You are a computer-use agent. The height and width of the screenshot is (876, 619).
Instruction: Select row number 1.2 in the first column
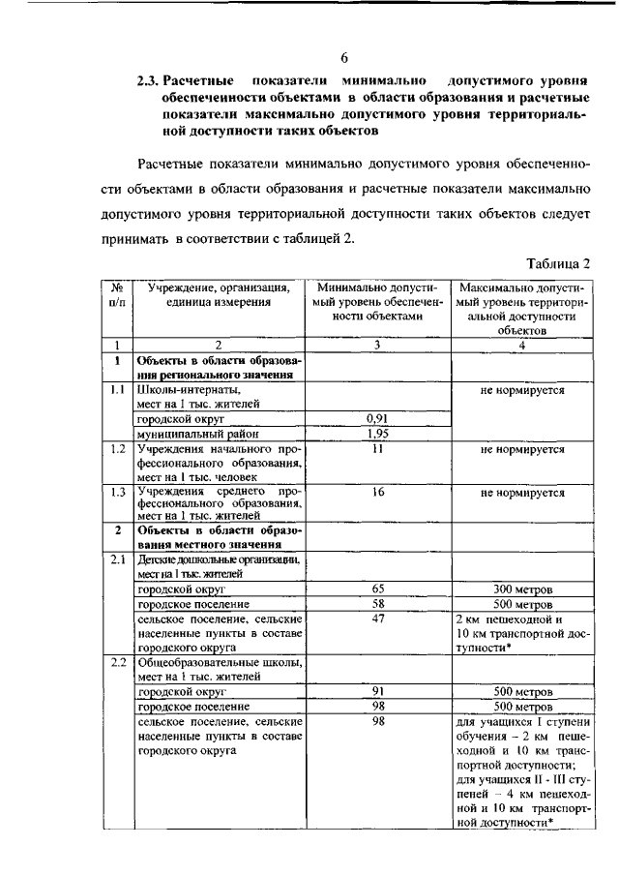pos(116,449)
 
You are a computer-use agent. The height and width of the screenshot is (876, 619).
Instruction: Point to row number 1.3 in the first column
pos(116,492)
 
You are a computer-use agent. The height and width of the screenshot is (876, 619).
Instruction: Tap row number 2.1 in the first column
pos(116,559)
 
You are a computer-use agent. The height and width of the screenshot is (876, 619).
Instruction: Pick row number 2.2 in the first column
pos(116,663)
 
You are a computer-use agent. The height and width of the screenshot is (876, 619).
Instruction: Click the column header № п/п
pos(116,294)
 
